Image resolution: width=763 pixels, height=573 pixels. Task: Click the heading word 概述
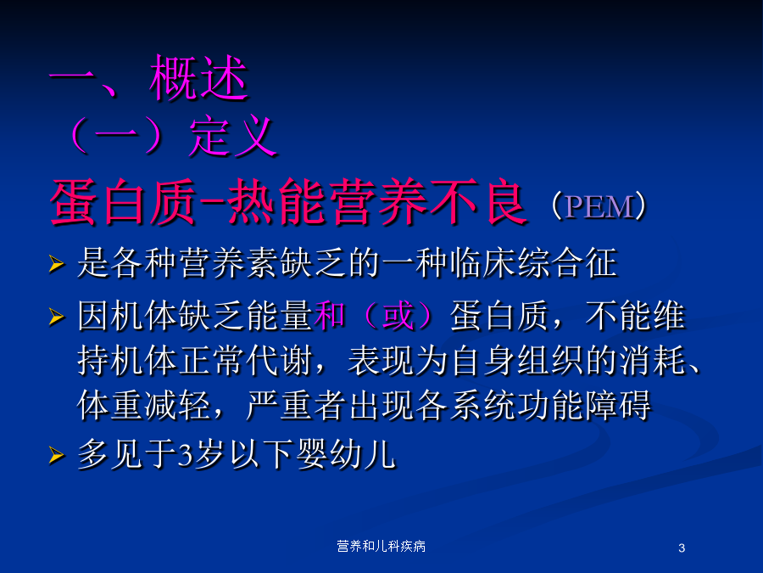pyautogui.click(x=199, y=77)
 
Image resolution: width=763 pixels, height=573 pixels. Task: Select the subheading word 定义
pyautogui.click(x=232, y=137)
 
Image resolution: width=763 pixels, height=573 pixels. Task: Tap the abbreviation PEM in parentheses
pyautogui.click(x=600, y=206)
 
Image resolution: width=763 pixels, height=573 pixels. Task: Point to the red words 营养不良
pyautogui.click(x=428, y=202)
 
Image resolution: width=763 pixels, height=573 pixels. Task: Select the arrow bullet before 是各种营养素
pyautogui.click(x=57, y=264)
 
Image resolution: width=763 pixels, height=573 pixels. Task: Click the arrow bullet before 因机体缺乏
pyautogui.click(x=57, y=317)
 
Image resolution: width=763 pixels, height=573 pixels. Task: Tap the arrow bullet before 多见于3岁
pyautogui.click(x=57, y=455)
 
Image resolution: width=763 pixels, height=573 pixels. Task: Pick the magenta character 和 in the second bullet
pyautogui.click(x=330, y=315)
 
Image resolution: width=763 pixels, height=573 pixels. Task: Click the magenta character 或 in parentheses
pyautogui.click(x=398, y=315)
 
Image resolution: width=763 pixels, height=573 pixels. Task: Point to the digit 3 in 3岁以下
pyautogui.click(x=185, y=455)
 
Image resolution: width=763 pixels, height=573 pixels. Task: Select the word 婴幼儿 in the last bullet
pyautogui.click(x=346, y=454)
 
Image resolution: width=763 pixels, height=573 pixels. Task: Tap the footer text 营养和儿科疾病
pyautogui.click(x=381, y=546)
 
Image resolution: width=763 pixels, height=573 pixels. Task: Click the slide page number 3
pyautogui.click(x=682, y=548)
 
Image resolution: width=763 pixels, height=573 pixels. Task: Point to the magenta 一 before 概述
pyautogui.click(x=73, y=77)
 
